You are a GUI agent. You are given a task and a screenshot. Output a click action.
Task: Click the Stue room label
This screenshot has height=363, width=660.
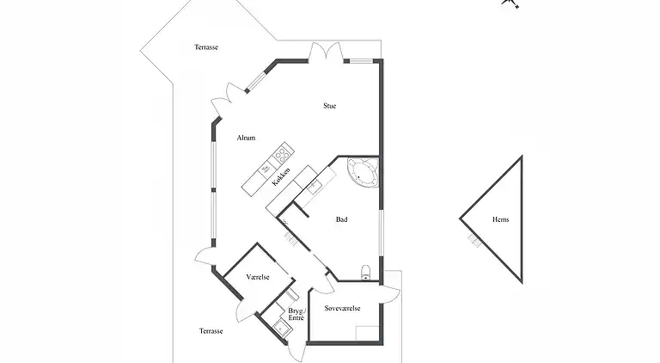[x=330, y=106]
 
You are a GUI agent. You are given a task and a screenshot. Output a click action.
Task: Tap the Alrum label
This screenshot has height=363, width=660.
[x=246, y=138]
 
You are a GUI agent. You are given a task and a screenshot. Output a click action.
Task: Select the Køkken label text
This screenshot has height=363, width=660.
[x=281, y=177]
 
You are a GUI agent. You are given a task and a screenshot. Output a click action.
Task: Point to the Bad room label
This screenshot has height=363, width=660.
[x=341, y=219]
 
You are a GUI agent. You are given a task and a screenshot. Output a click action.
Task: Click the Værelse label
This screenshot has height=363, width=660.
[x=258, y=277]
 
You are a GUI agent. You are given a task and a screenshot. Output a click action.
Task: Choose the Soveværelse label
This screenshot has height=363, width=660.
[x=342, y=308]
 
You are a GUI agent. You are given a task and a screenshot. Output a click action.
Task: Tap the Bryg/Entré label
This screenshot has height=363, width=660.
[x=296, y=315]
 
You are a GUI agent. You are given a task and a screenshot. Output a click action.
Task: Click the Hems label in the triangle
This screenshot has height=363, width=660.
[x=500, y=219]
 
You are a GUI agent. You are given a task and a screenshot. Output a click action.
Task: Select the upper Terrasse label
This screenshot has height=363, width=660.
[x=206, y=47]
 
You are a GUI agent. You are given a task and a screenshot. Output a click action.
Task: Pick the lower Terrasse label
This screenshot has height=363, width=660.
[x=211, y=331]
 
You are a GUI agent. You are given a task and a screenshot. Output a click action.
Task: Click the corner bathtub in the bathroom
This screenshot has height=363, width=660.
[x=364, y=172]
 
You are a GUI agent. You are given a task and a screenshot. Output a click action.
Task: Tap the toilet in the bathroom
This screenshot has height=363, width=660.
[x=366, y=273]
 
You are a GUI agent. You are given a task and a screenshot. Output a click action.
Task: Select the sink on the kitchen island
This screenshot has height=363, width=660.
[x=266, y=169]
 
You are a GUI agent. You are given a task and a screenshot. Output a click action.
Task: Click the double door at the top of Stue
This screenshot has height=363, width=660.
[x=327, y=52]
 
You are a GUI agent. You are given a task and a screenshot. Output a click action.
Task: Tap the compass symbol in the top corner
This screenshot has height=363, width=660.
[x=510, y=3]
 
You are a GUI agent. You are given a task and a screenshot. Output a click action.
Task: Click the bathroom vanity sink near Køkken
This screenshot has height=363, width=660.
[x=314, y=185]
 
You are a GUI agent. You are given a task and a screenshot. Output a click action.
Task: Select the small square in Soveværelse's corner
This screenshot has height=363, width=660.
[x=368, y=333]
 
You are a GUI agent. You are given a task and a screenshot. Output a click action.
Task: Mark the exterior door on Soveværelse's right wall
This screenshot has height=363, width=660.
[x=389, y=294]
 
